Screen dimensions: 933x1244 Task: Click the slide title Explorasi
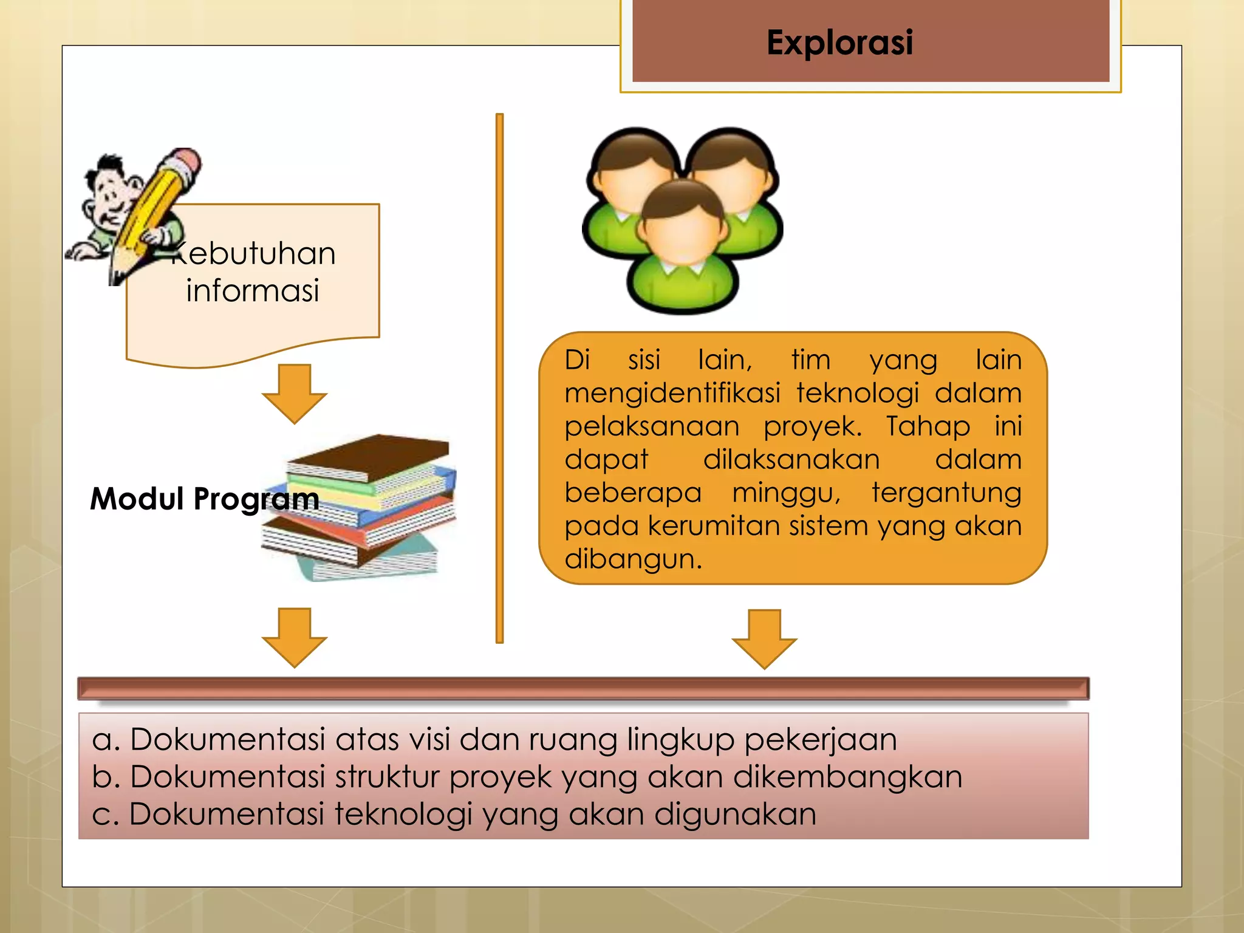839,43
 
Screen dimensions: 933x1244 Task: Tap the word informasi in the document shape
253,290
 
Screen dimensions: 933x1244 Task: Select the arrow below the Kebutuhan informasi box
295,392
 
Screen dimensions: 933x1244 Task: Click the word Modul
137,499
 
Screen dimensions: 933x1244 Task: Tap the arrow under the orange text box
764,638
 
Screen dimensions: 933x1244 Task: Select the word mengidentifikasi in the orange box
672,393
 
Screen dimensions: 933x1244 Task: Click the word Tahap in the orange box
928,426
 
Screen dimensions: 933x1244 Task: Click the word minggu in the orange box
785,492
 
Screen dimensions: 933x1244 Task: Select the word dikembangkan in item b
847,776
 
